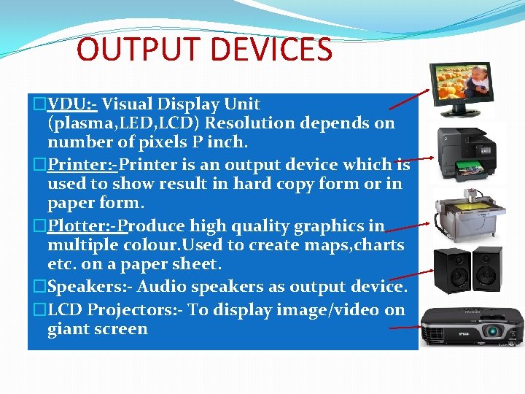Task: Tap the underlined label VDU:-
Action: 72,104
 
